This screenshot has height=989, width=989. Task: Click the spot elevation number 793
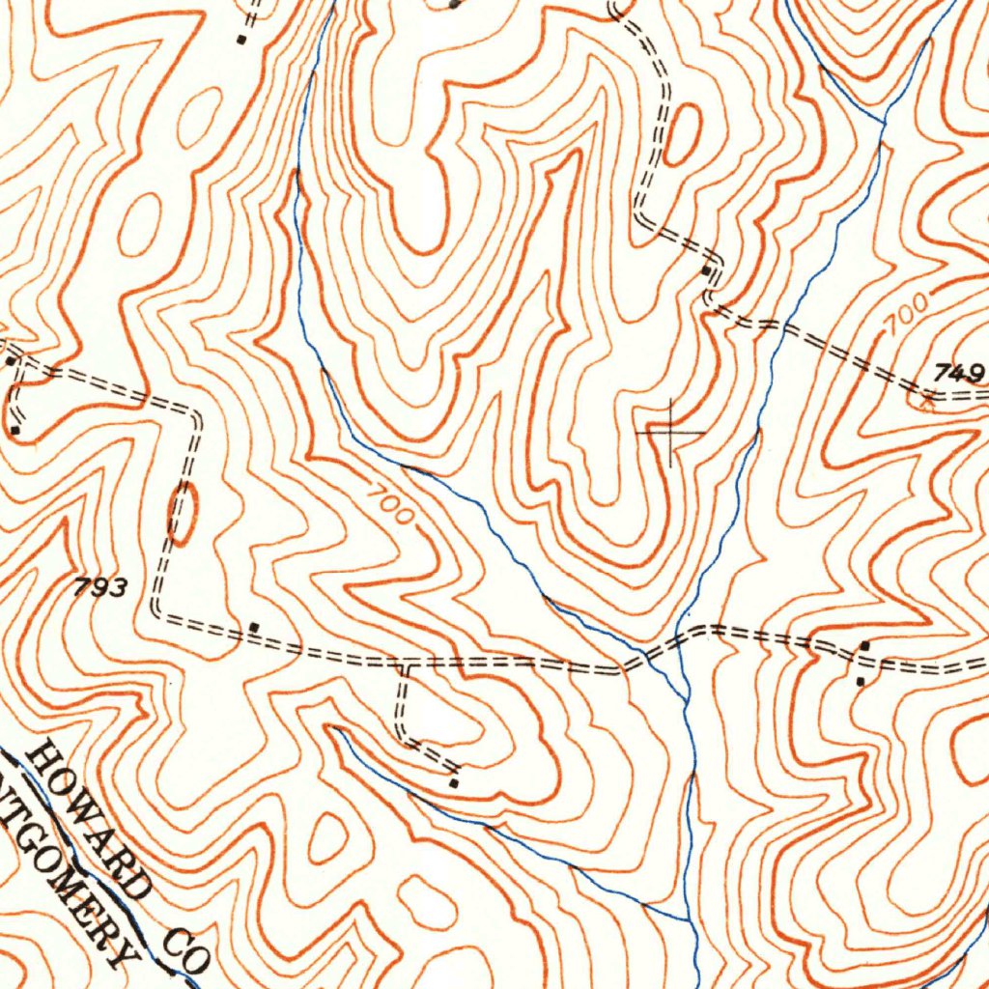pyautogui.click(x=99, y=586)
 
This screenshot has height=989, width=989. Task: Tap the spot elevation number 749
pyautogui.click(x=959, y=373)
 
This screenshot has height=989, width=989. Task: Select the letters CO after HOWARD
pyautogui.click(x=185, y=950)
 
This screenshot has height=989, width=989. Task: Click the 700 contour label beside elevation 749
pyautogui.click(x=905, y=316)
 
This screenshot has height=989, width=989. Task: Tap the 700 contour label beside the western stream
pyautogui.click(x=391, y=503)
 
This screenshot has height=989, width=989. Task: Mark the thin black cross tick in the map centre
pyautogui.click(x=669, y=432)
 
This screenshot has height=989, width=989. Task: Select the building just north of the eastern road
pyautogui.click(x=864, y=644)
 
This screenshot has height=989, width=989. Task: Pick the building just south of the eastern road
pyautogui.click(x=861, y=681)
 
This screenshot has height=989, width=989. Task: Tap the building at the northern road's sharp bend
pyautogui.click(x=709, y=272)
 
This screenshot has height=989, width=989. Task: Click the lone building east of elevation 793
pyautogui.click(x=254, y=627)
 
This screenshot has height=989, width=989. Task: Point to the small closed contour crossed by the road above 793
pyautogui.click(x=183, y=512)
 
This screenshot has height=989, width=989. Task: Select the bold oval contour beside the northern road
pyautogui.click(x=684, y=134)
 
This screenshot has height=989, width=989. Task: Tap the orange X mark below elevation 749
pyautogui.click(x=929, y=406)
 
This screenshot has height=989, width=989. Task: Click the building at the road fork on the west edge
pyautogui.click(x=11, y=360)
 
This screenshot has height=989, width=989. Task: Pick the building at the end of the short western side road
pyautogui.click(x=15, y=429)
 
